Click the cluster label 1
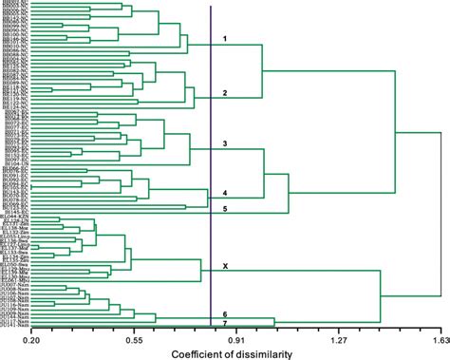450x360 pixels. [225, 39]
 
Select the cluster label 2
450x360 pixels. [225, 93]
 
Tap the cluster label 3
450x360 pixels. [225, 143]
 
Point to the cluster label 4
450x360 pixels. [225, 192]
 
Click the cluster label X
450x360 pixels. [225, 266]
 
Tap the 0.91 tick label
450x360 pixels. [235, 338]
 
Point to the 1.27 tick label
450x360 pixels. [339, 338]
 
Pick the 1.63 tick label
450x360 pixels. [438, 338]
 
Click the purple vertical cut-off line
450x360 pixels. [211, 171]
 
